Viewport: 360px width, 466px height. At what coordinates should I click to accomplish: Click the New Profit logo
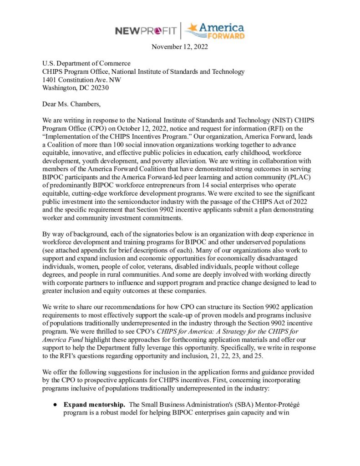tap(146, 31)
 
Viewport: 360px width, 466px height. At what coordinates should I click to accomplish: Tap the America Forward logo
tap(214, 30)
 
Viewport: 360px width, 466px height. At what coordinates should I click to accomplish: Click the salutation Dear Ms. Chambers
tap(69, 104)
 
